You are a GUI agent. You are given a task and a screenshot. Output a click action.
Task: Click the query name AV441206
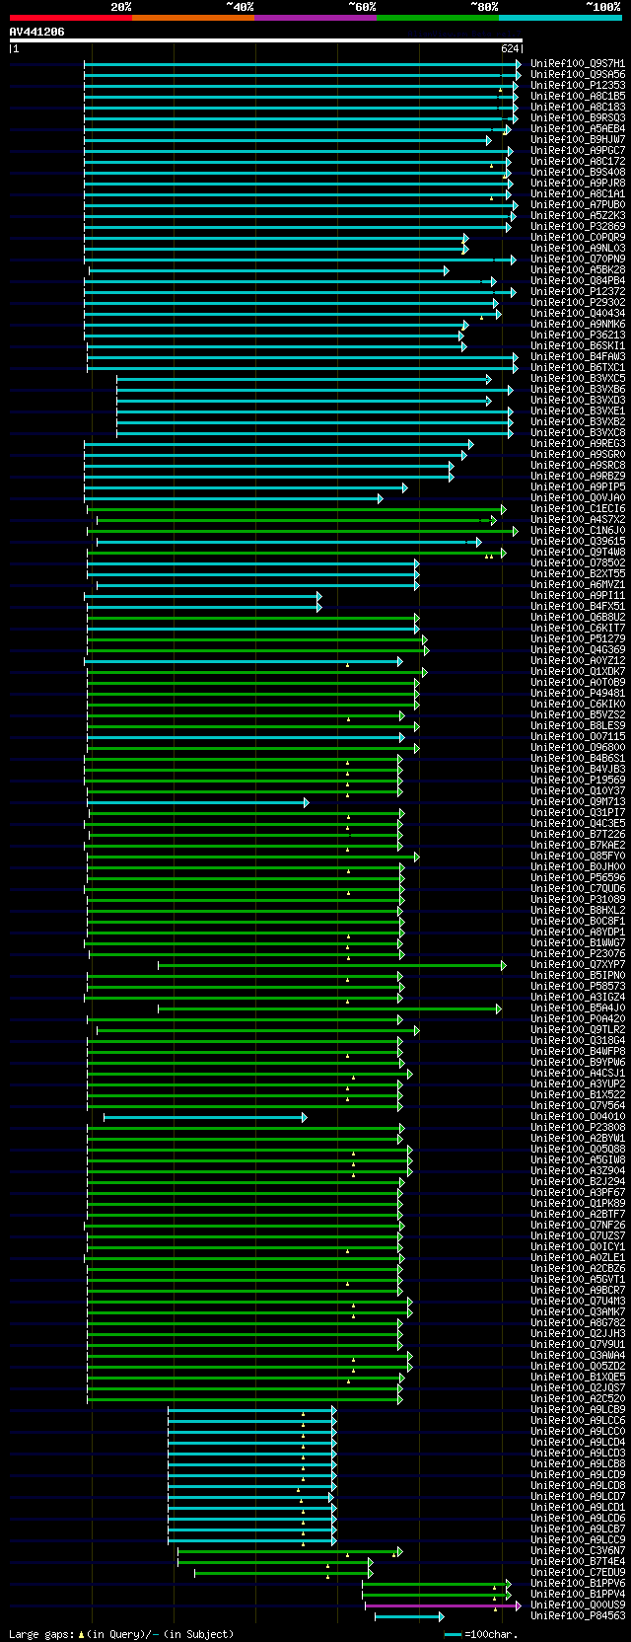coord(37,33)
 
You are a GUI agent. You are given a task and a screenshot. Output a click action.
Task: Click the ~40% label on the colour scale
coord(240,7)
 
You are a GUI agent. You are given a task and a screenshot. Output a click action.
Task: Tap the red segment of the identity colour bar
coord(70,18)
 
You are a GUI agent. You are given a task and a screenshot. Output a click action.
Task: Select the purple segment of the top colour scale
coord(315,18)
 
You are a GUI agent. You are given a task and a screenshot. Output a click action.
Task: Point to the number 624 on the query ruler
coord(510,48)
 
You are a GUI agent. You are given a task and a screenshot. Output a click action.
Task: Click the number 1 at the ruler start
coord(15,48)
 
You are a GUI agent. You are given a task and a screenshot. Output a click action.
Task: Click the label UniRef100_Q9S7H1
coord(577,64)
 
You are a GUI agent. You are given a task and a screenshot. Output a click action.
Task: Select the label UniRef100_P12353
coord(577,86)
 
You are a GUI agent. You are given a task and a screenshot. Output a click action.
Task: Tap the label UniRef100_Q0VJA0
coord(577,498)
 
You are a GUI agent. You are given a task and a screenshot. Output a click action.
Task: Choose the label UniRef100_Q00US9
coord(577,1605)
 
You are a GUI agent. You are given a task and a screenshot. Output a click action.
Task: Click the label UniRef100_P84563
coord(577,1616)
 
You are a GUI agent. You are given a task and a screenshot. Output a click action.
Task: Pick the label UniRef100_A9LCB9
coord(577,1410)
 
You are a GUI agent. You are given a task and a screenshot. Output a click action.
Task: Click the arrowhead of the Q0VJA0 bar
coord(380,498)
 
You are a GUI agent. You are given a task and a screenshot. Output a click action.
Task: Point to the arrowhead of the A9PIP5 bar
coord(404,487)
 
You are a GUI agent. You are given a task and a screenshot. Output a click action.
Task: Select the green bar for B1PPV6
coord(434,1584)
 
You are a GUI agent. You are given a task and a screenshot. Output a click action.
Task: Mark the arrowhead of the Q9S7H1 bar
coord(518,64)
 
